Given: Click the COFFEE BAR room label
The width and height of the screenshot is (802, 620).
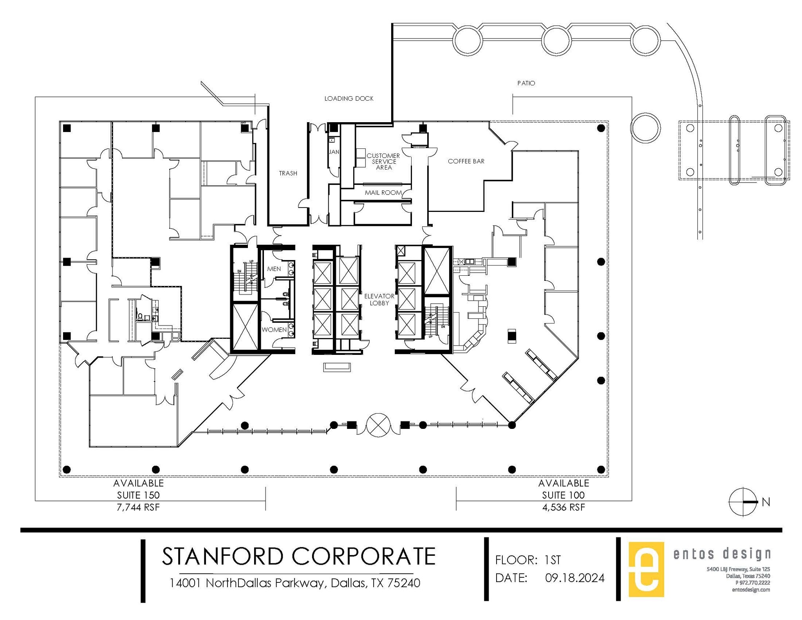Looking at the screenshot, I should [x=466, y=161].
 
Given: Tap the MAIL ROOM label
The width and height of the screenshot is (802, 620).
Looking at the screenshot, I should [x=383, y=193].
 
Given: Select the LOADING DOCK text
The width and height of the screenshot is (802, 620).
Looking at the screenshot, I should [x=349, y=99].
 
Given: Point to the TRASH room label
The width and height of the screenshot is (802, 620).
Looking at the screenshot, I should [x=288, y=173].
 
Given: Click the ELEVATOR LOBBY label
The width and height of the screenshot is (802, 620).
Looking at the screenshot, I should [x=379, y=300].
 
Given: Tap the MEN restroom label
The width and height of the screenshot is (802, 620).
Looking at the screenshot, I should [x=274, y=269].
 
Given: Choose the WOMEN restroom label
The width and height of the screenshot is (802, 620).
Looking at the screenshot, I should [x=274, y=330].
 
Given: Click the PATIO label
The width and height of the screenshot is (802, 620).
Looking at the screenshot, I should [x=526, y=83].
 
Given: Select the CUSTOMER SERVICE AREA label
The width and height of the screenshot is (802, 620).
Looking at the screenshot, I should [x=383, y=161].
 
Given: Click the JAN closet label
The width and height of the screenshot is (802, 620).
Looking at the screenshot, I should [x=334, y=152].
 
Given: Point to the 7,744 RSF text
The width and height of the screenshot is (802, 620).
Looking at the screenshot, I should [x=138, y=508].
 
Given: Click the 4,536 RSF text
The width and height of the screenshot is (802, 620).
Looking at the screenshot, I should [x=564, y=508].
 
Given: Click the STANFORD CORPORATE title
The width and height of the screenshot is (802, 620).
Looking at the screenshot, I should [x=298, y=556].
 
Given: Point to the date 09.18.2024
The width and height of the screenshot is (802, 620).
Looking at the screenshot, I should [x=574, y=578].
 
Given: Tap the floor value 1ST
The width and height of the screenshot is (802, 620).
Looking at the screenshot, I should [x=553, y=560].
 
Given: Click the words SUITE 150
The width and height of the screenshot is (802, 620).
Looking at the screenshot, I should [x=138, y=495].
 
